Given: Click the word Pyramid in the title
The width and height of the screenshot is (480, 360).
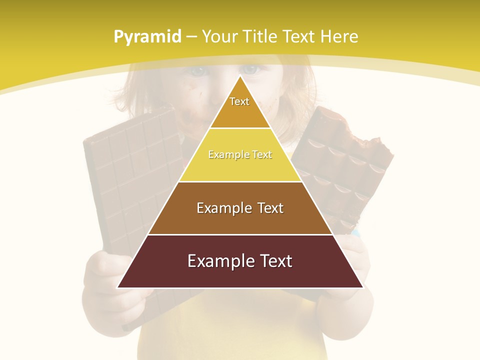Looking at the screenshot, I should point(147,37).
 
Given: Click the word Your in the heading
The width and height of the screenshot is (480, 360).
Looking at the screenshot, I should point(220,37).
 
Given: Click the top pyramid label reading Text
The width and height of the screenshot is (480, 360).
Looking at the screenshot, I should point(239,101).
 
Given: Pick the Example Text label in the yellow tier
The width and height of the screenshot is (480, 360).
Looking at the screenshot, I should point(240,154).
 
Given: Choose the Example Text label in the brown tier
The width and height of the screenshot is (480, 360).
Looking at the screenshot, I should point(240,208).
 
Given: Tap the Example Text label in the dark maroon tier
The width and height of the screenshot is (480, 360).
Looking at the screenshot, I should point(240,261).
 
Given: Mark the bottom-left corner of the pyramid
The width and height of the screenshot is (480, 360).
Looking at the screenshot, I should point(118,287).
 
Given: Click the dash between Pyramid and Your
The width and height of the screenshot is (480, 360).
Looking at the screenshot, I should point(191,37).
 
